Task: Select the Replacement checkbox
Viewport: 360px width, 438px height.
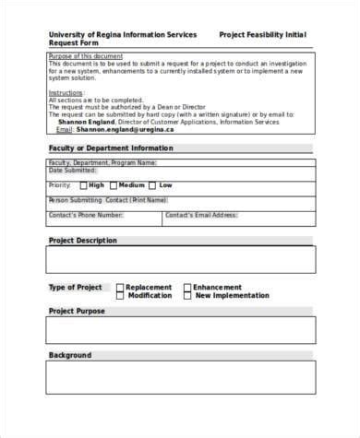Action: coord(120,288)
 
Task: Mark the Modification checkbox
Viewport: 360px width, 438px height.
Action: coord(120,296)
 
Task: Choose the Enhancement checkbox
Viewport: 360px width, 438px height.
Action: coord(188,288)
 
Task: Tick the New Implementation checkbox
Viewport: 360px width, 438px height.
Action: coord(188,296)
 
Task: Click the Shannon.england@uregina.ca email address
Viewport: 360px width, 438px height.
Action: coord(113,129)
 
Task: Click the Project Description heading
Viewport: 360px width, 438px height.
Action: coord(82,241)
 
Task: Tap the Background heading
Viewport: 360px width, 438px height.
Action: coord(69,355)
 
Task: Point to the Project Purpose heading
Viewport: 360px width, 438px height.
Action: coord(76,311)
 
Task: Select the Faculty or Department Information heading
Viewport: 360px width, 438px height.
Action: coord(110,148)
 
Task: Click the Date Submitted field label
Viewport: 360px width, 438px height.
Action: coord(71,171)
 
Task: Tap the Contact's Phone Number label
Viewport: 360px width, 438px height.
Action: coord(85,215)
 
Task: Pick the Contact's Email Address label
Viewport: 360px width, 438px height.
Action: coord(201,215)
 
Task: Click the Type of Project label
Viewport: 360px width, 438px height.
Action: coord(75,288)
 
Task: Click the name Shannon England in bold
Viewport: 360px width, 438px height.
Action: coord(86,122)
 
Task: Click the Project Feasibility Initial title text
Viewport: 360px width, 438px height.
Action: coord(262,34)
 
